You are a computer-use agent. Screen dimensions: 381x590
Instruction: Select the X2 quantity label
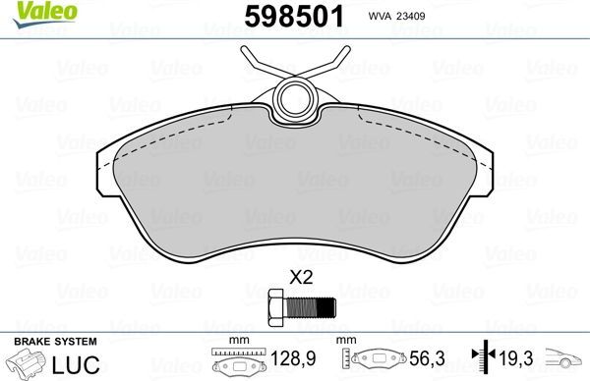tap(299, 278)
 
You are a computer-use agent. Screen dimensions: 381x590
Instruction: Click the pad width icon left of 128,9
tap(237, 361)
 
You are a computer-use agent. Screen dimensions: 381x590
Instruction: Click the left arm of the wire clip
tap(258, 61)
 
